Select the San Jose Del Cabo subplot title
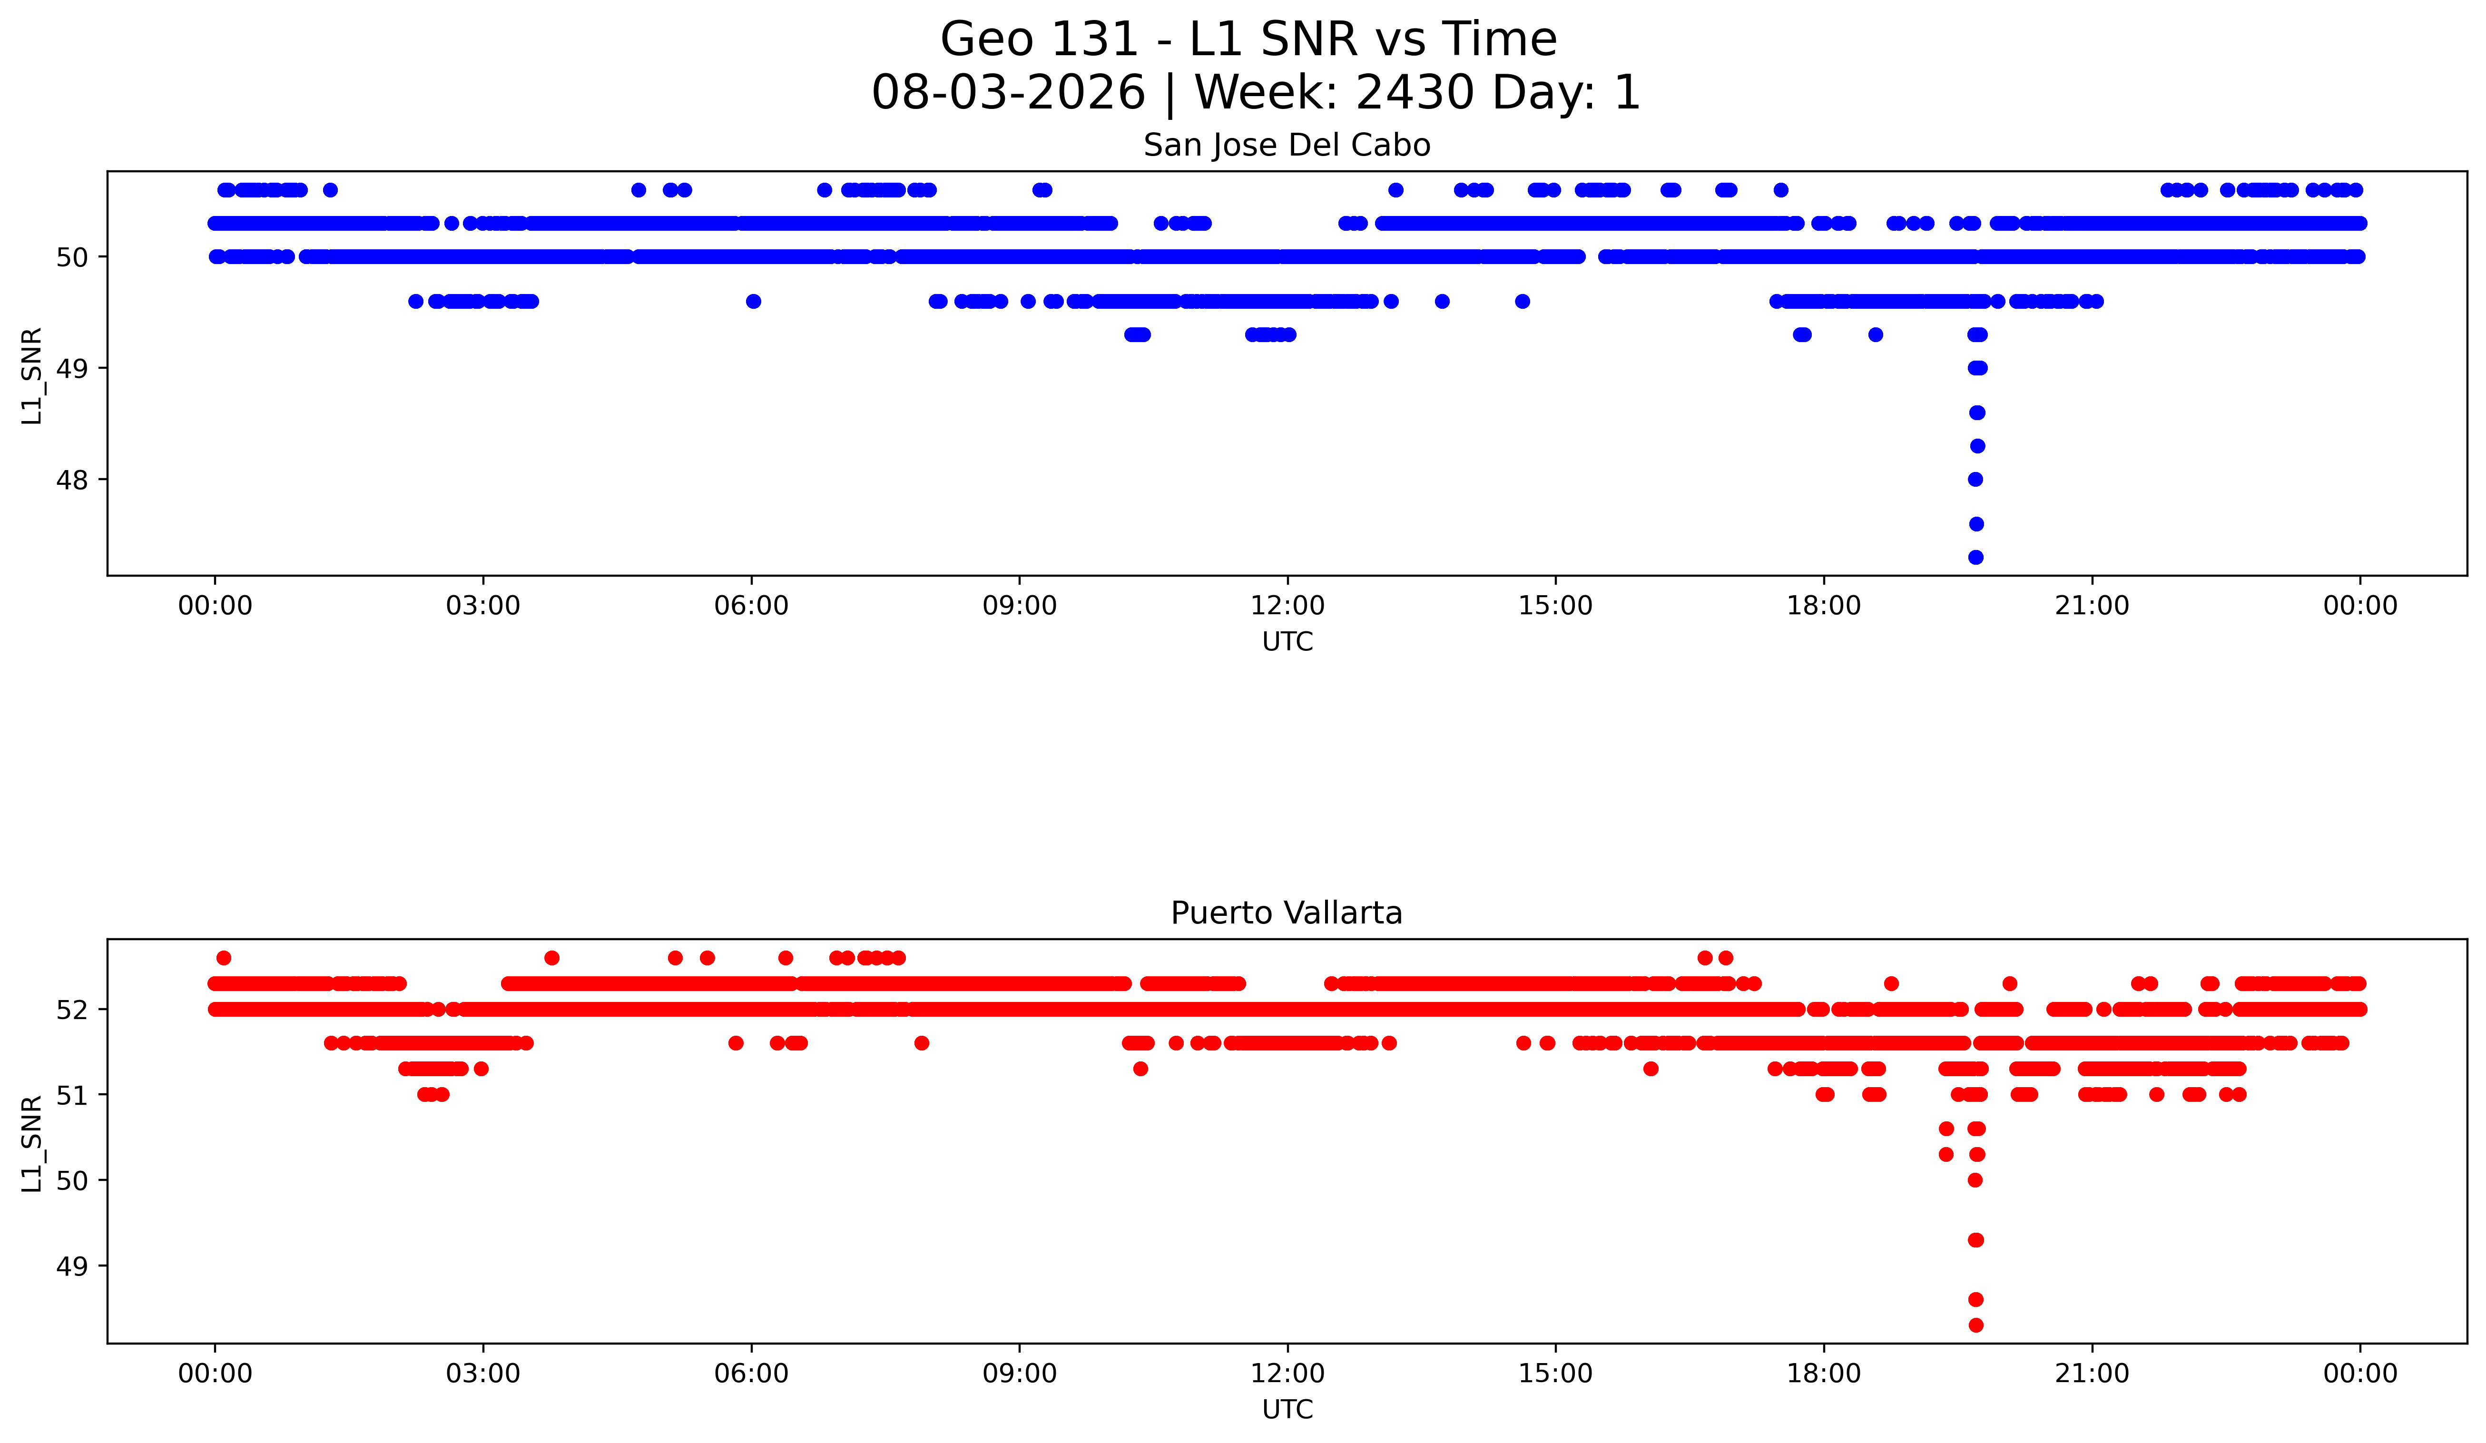click(x=1287, y=146)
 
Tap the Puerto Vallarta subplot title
click(x=1287, y=913)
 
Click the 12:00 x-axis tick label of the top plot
click(x=1287, y=606)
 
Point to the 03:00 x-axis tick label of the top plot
click(x=483, y=606)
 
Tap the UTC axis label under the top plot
click(x=1287, y=642)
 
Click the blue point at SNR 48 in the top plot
click(x=1975, y=480)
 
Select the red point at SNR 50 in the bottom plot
click(x=1975, y=1179)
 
